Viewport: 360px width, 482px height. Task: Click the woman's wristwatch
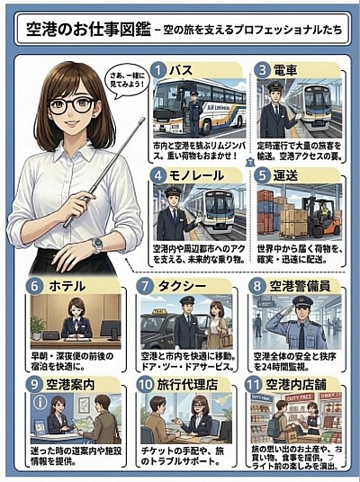[x=96, y=244]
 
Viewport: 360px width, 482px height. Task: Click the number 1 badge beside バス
[x=158, y=69]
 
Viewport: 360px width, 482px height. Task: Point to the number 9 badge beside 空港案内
[x=34, y=384]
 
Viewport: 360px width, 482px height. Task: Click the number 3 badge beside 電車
[x=262, y=69]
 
